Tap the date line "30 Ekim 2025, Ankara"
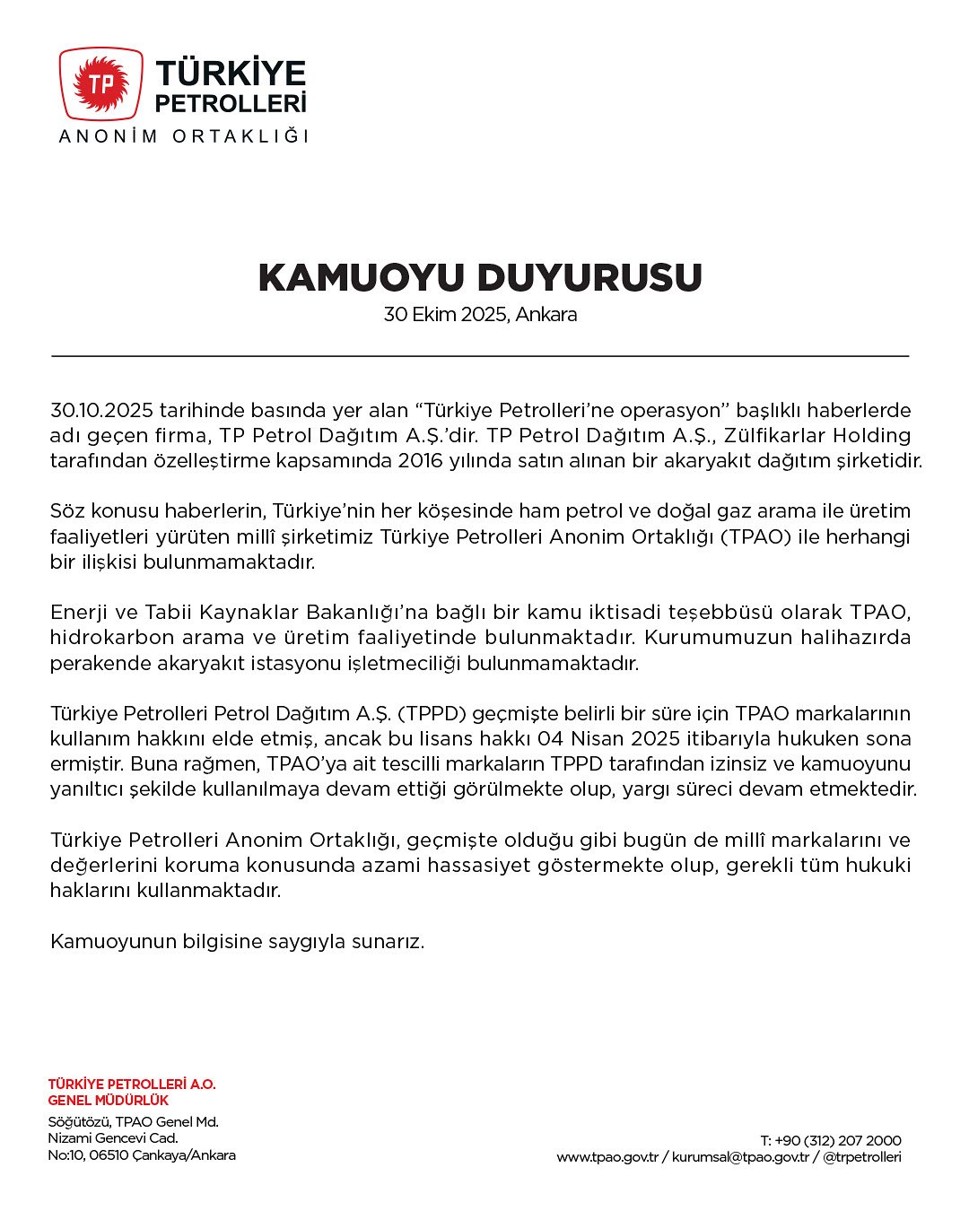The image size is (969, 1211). tap(480, 315)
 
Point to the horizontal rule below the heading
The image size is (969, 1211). tap(480, 356)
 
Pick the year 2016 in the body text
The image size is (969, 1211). tap(421, 461)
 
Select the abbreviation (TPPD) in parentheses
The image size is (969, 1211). tap(432, 714)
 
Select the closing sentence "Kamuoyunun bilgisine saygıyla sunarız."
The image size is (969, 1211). tap(238, 942)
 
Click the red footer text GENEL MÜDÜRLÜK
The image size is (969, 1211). tap(109, 1100)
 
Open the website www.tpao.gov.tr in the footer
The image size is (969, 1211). tap(607, 1157)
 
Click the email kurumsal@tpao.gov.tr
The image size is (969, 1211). tap(740, 1157)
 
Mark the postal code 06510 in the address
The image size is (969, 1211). tap(108, 1155)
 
